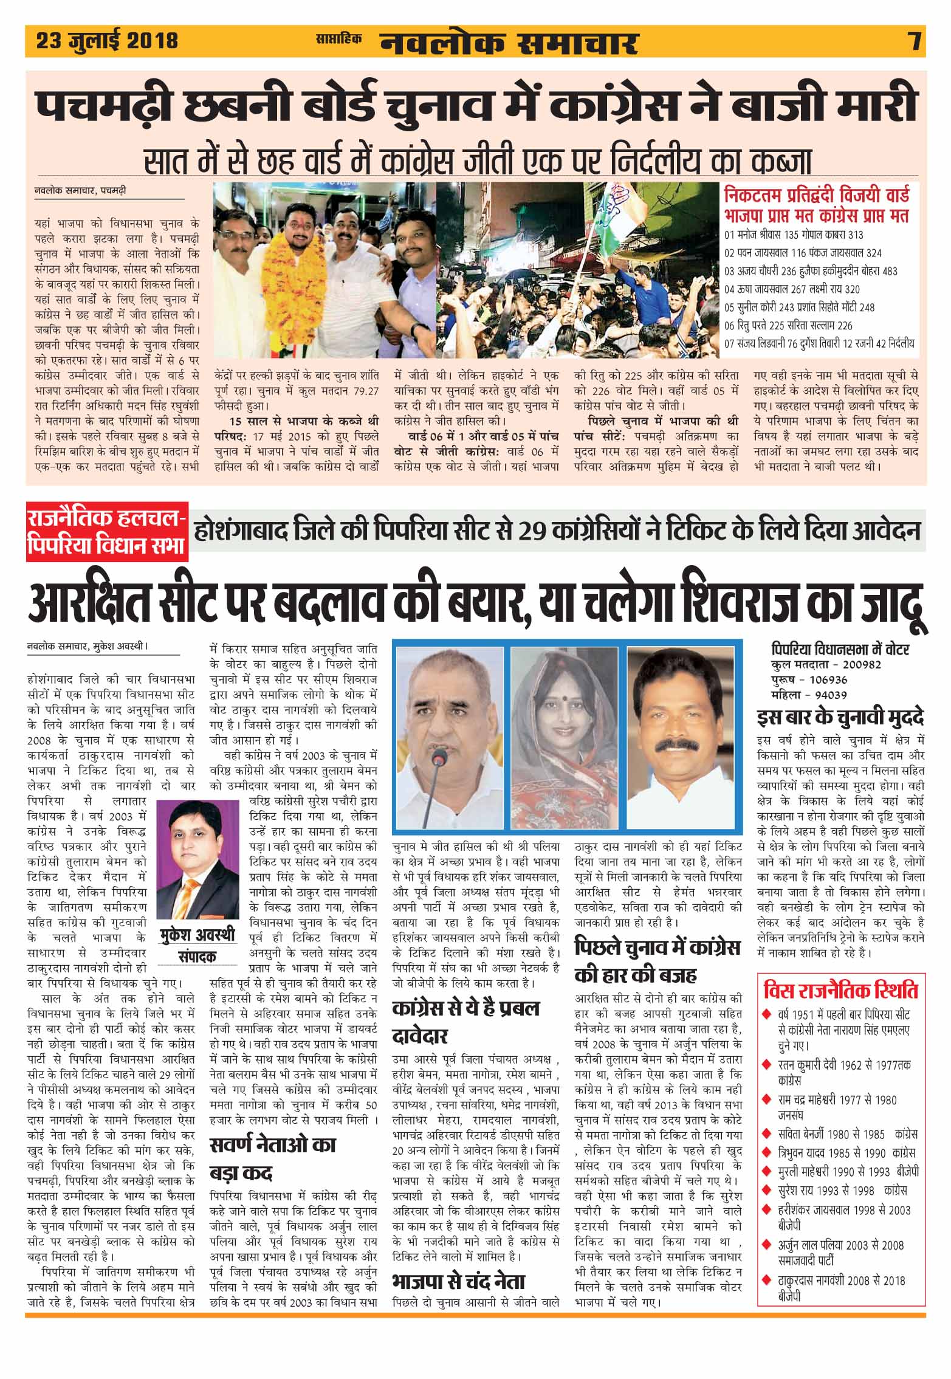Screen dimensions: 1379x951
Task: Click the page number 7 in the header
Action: point(915,41)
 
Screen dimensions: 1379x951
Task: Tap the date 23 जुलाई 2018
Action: point(107,41)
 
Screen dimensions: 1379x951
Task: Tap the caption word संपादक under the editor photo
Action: point(196,956)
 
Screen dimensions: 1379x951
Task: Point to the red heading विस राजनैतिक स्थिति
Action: point(840,990)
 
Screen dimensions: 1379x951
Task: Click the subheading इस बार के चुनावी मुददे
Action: point(840,718)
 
